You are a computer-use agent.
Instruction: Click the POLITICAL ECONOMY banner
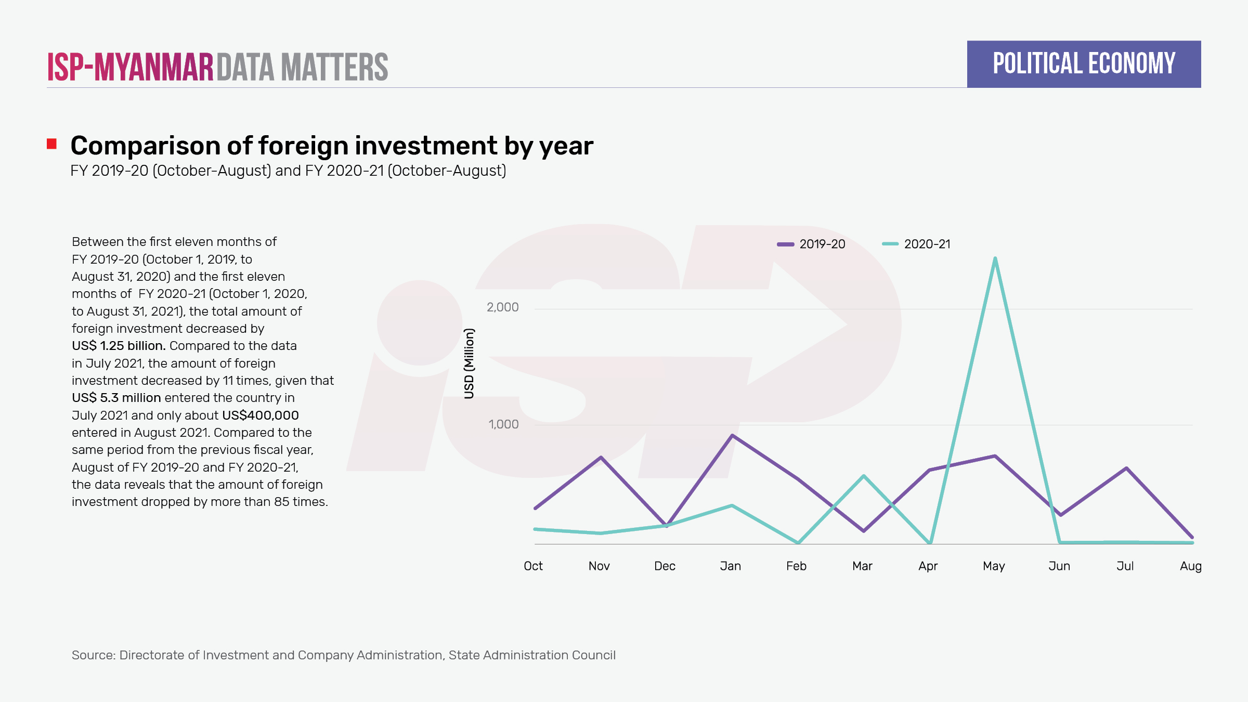1084,64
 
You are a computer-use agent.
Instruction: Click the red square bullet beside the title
51,144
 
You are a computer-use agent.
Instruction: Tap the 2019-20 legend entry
812,244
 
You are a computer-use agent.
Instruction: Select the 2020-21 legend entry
917,244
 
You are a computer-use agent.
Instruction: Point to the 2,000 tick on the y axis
502,307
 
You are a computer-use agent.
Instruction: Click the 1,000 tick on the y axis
503,424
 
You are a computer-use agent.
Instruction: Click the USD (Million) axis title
469,363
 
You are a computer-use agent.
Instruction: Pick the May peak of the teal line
995,258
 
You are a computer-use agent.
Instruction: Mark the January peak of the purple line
732,435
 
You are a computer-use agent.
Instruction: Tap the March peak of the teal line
864,476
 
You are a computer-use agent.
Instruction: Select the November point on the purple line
601,458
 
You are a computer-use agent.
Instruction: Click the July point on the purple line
1126,468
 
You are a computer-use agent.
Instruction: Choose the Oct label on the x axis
533,566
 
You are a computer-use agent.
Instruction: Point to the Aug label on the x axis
1190,566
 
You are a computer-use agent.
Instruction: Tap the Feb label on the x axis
796,566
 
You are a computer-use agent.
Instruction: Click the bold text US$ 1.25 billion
119,346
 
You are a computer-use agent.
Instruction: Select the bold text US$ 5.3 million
116,398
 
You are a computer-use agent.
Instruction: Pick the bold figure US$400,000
260,415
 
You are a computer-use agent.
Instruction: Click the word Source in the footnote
93,655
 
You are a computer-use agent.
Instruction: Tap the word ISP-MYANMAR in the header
130,67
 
